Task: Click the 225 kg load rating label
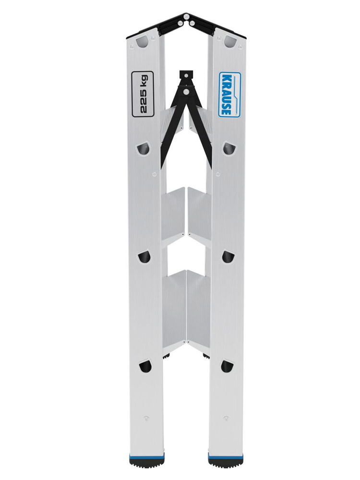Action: [143, 94]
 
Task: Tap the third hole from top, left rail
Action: [144, 257]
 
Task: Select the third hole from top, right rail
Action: [228, 257]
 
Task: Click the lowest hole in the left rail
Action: [144, 367]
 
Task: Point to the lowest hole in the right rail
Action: [227, 366]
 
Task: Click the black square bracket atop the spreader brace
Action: [185, 76]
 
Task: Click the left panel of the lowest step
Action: [174, 307]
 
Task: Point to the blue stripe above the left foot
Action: [146, 453]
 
